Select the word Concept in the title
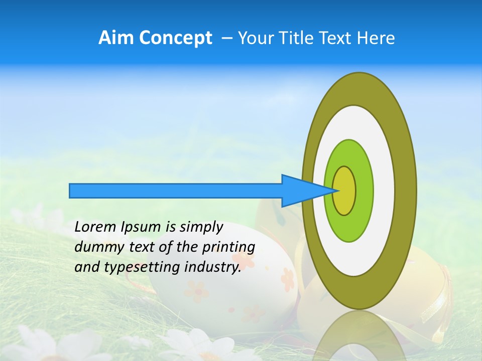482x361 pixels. click(175, 38)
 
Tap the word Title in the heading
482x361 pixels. click(300, 38)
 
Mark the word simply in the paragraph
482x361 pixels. click(200, 227)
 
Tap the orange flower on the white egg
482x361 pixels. click(288, 279)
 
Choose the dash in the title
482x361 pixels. click(226, 38)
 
